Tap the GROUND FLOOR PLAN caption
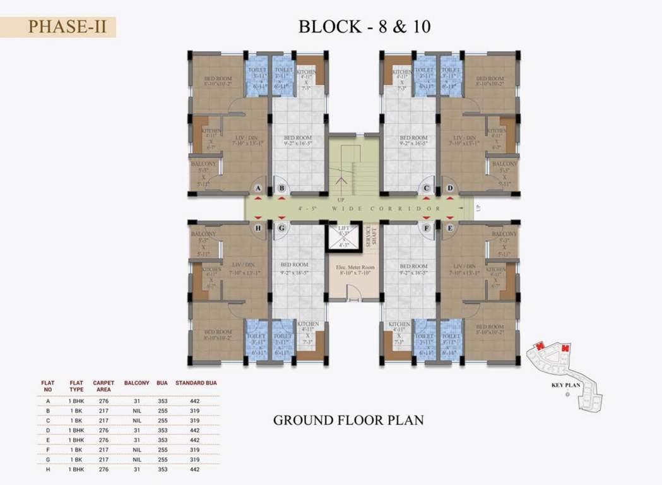[348, 419]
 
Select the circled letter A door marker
[257, 188]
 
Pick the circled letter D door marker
[450, 188]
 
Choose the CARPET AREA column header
[103, 386]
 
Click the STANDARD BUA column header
[196, 383]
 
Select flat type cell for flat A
[76, 401]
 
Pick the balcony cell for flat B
[136, 410]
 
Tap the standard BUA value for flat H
[195, 469]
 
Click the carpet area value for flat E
[103, 440]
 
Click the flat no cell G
[48, 459]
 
